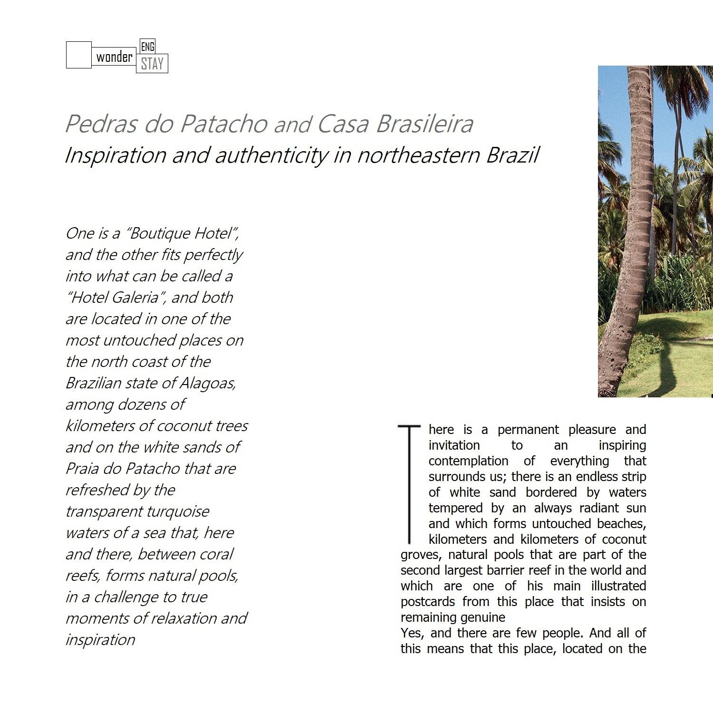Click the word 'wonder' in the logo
tap(114, 57)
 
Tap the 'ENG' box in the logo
tap(148, 47)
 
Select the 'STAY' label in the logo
tap(152, 64)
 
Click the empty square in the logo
tap(78, 55)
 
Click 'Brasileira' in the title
tap(424, 124)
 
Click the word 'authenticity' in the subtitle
tap(271, 155)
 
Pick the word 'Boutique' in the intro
tap(159, 233)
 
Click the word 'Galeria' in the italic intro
tap(135, 298)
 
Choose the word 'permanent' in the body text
tap(528, 430)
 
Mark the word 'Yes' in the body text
tap(411, 633)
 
